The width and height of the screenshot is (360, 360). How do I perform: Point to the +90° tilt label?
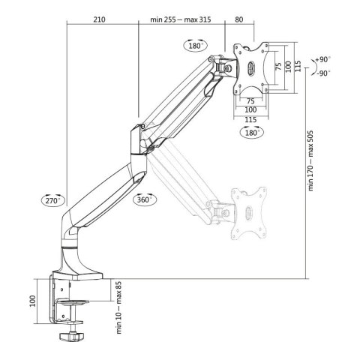click(322, 58)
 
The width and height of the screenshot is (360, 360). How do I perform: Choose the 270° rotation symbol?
click(52, 201)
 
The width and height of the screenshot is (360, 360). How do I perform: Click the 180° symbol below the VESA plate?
click(253, 132)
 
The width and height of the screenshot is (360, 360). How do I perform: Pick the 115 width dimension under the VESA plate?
click(253, 118)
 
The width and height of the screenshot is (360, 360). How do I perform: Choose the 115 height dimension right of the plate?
click(298, 67)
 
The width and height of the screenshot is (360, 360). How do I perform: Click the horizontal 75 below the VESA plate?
click(252, 99)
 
